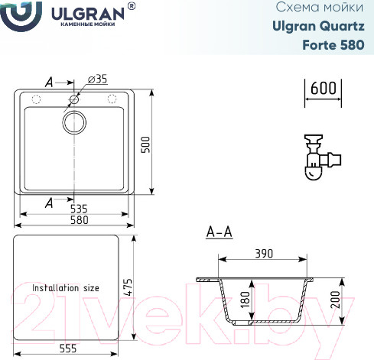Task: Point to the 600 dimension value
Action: [x=325, y=88]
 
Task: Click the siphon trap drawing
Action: [x=322, y=159]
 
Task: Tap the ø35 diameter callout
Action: [x=98, y=79]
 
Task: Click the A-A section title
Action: [x=219, y=232]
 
